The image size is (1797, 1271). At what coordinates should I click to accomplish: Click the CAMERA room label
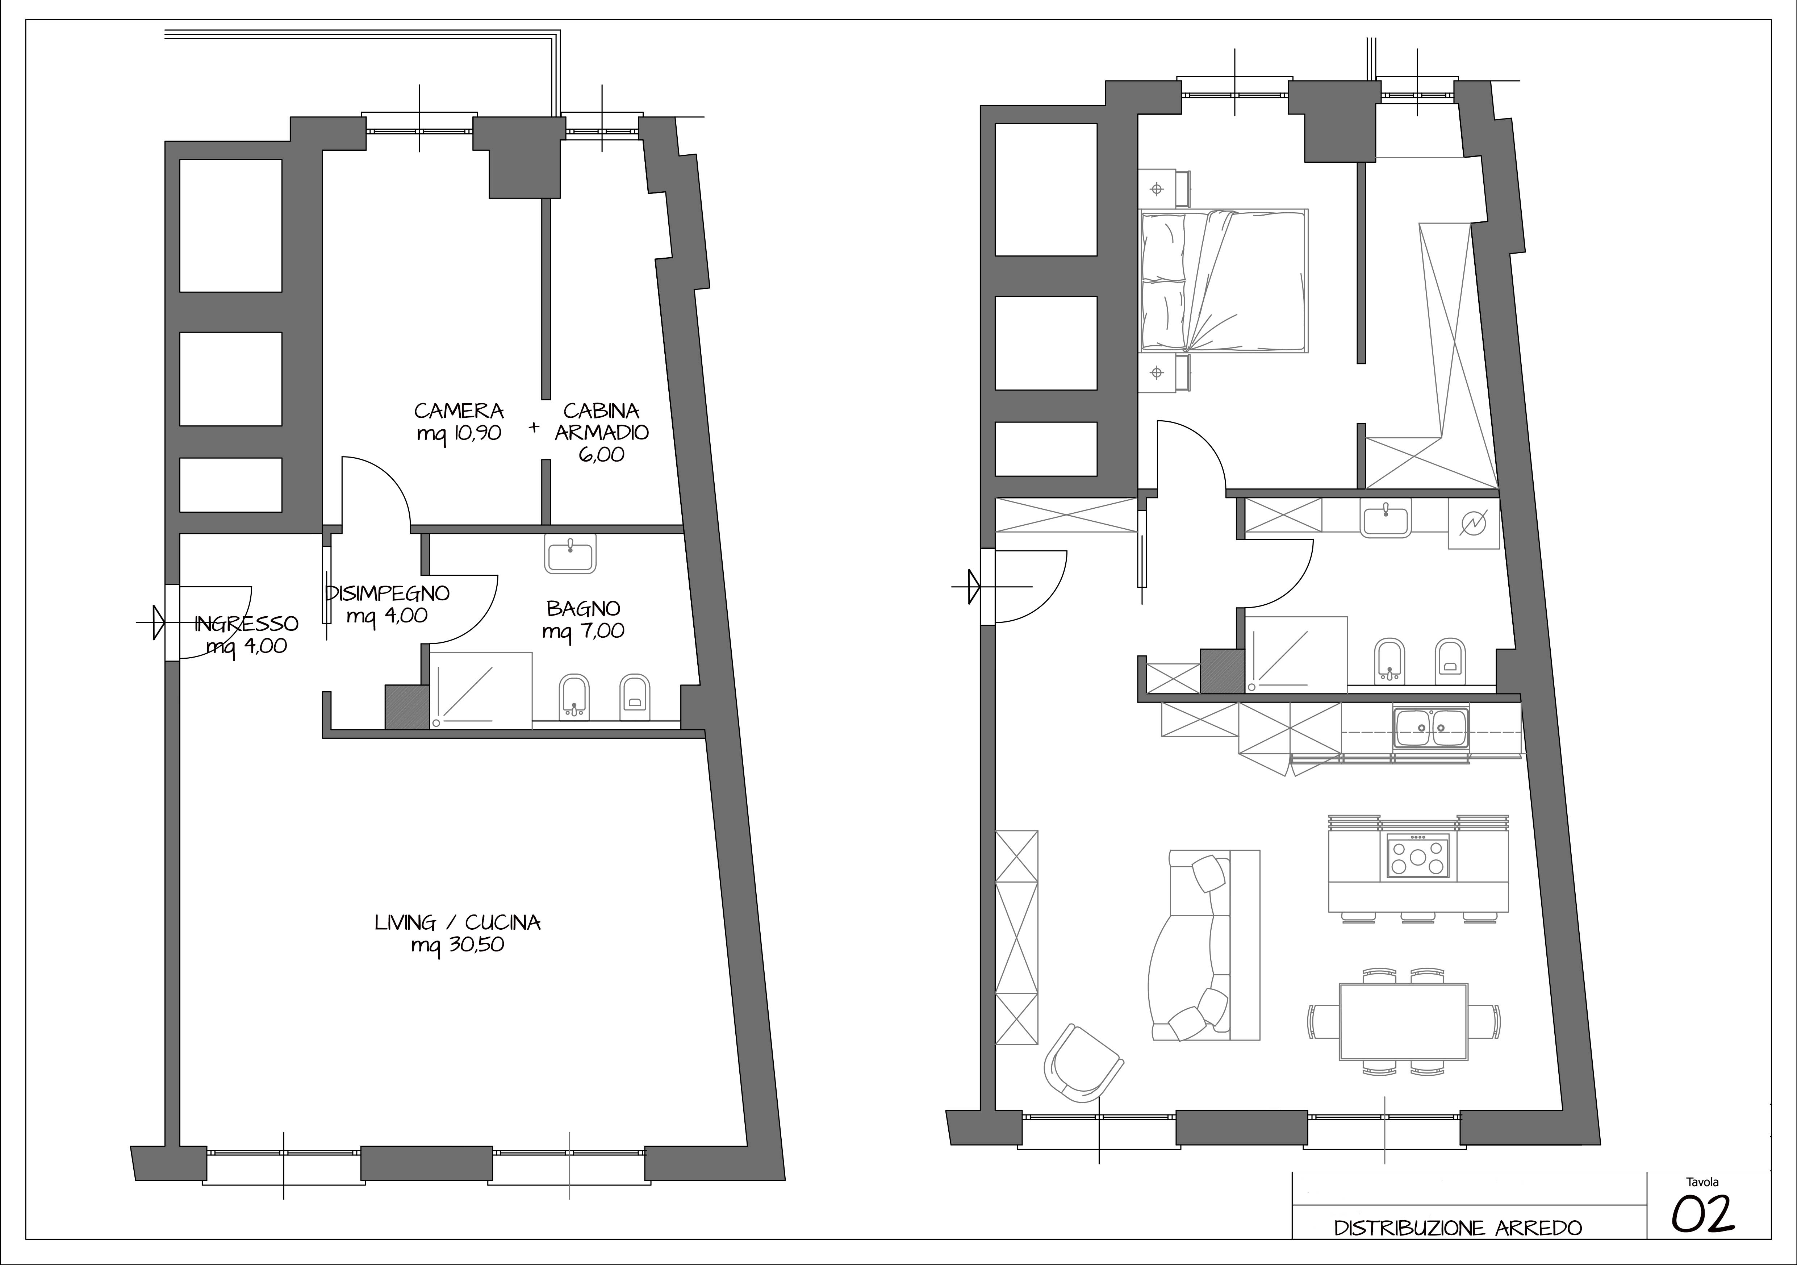tap(459, 411)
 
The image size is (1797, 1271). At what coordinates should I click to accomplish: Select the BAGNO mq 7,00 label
tap(583, 619)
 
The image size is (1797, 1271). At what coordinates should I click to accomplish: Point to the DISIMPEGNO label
tap(388, 593)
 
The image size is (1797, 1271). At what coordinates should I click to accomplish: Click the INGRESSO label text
tap(247, 624)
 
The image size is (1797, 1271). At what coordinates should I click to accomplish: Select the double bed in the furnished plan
tap(1224, 280)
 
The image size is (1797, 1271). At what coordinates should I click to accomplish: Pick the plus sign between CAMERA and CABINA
tap(535, 427)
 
